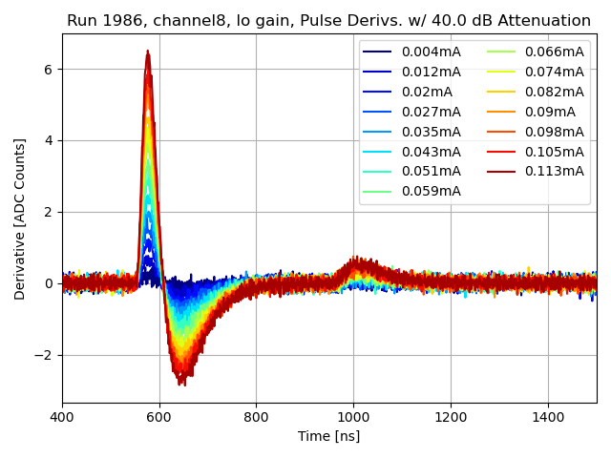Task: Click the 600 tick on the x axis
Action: [x=159, y=417]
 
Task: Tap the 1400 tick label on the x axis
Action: [x=548, y=417]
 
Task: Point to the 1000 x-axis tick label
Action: [x=353, y=417]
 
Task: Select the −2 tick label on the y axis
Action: [x=46, y=355]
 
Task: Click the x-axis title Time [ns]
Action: [x=329, y=436]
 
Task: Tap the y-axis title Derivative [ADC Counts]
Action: [x=20, y=219]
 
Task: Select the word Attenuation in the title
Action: [x=543, y=21]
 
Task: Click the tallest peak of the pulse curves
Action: [x=148, y=52]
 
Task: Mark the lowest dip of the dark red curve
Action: [x=181, y=384]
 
